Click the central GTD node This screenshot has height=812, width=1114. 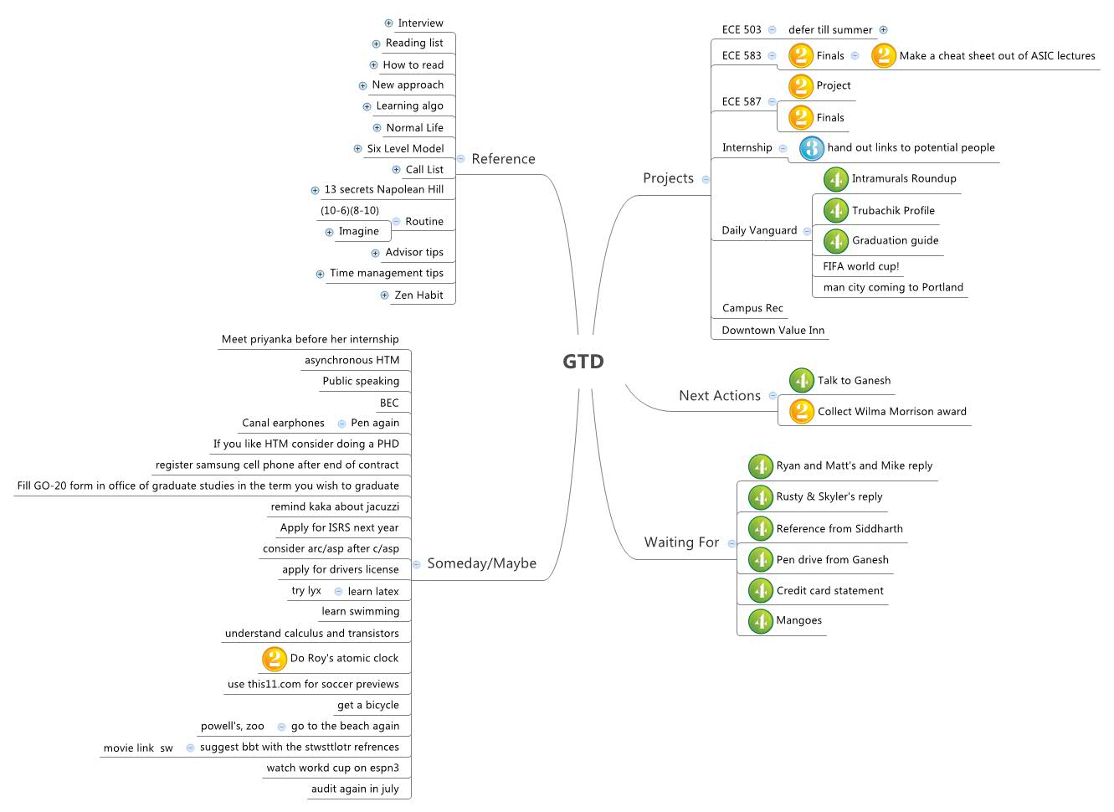coord(583,362)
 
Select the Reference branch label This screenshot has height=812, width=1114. coord(503,159)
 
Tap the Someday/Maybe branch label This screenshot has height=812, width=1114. coord(482,563)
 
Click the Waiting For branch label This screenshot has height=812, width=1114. coord(681,542)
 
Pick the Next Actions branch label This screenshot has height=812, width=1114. coord(720,396)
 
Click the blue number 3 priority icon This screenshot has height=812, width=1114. coord(812,148)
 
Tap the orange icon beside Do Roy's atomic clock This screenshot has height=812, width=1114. coord(274,660)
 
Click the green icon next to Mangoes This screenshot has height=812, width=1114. coord(761,621)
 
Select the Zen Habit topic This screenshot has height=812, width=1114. coord(418,296)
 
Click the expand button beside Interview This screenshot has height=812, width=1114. coord(389,23)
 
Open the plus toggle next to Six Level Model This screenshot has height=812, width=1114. coord(357,149)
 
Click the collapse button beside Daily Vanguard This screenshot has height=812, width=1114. coord(807,231)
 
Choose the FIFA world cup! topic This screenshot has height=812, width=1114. coord(861,267)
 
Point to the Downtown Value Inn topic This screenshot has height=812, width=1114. coord(773,331)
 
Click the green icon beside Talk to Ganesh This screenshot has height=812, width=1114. coord(802,381)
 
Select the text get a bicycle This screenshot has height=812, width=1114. coord(368,706)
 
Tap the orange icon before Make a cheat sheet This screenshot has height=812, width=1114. coord(884,56)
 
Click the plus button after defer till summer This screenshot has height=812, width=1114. coord(883,30)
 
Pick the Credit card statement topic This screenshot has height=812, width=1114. coord(830,591)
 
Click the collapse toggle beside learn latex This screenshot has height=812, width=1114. coord(339,592)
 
